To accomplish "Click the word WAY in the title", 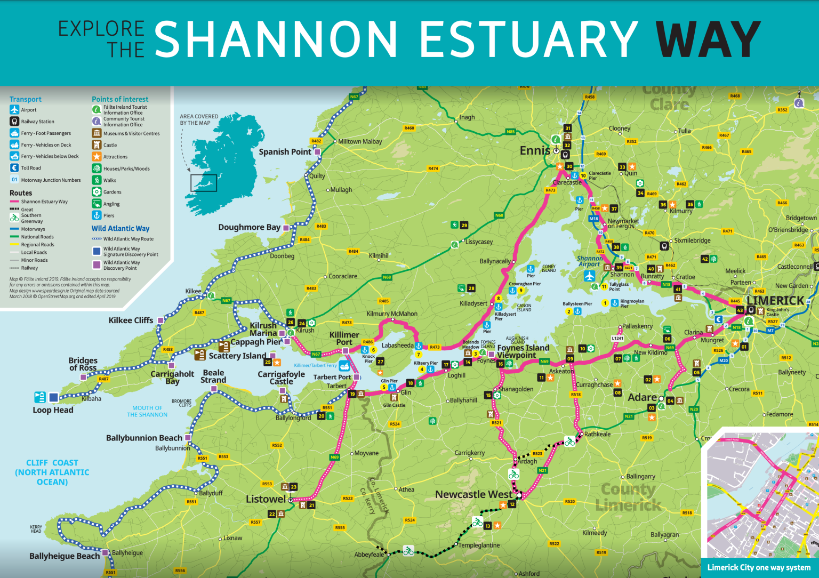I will pos(708,39).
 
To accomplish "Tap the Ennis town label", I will pos(534,151).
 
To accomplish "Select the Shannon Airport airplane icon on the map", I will pos(589,276).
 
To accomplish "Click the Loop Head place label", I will pos(53,410).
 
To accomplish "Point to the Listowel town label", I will pos(266,499).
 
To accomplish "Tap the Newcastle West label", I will pos(473,494).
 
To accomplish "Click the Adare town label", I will pos(642,397).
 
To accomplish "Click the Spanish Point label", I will pos(285,152).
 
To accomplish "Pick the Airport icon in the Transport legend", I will pos(14,110).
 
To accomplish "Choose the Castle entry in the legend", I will pos(110,145).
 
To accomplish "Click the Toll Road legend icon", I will pos(14,168).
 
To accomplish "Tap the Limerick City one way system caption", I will pos(758,567).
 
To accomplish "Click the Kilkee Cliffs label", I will pos(131,320).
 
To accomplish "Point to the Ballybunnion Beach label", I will pos(144,438).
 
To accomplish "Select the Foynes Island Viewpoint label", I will pos(523,351).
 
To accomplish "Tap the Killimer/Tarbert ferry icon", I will pos(344,366).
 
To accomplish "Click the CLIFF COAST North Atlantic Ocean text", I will pos(52,472).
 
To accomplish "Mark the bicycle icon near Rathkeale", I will pos(569,441).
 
